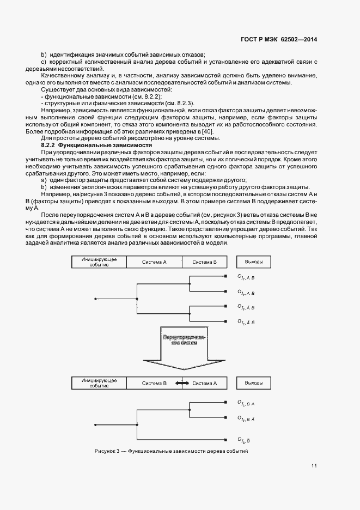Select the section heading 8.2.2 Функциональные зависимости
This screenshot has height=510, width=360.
[96, 146]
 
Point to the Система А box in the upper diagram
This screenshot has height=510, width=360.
[154, 262]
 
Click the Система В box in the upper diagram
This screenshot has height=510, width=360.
[204, 262]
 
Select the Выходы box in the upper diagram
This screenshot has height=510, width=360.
[254, 262]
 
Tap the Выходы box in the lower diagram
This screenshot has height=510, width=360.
[254, 383]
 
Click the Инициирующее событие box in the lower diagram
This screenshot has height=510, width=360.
[99, 383]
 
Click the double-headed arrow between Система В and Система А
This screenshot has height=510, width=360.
[182, 384]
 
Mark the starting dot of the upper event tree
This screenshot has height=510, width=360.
[95, 299]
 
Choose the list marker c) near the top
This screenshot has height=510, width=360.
[44, 62]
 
